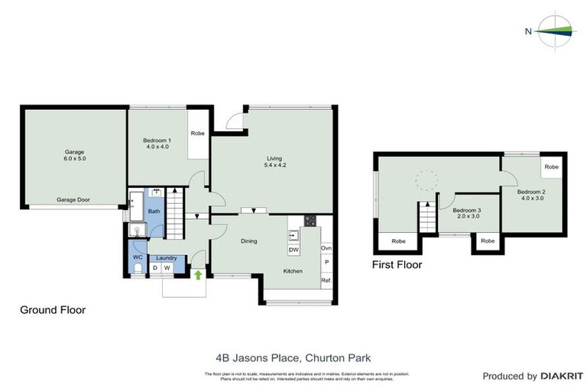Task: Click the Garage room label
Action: coord(74,152)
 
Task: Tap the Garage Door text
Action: coord(73,200)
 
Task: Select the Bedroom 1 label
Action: coord(157,141)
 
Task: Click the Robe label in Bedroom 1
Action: coord(197,133)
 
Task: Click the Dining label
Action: coord(248,241)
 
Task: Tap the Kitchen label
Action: coord(293,271)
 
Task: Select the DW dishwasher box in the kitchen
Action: coord(293,250)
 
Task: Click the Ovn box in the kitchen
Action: coord(326,248)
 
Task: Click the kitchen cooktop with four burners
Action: coord(311,222)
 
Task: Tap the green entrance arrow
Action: coord(199,273)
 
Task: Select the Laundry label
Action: coord(166,258)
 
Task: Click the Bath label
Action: coord(154,212)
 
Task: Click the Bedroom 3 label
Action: coord(467,210)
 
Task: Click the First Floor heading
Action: coord(397,265)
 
